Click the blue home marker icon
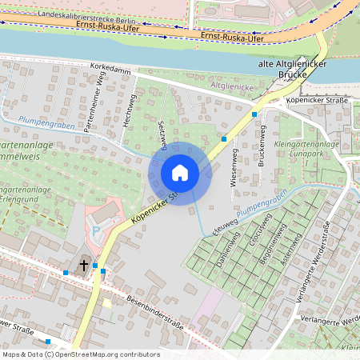pos(180,173)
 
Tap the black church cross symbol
pos(83,264)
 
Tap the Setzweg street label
pos(162,135)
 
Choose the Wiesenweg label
pos(234,172)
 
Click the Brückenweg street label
pos(262,148)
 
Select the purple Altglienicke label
pos(231,86)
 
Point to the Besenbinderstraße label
pos(154,313)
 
